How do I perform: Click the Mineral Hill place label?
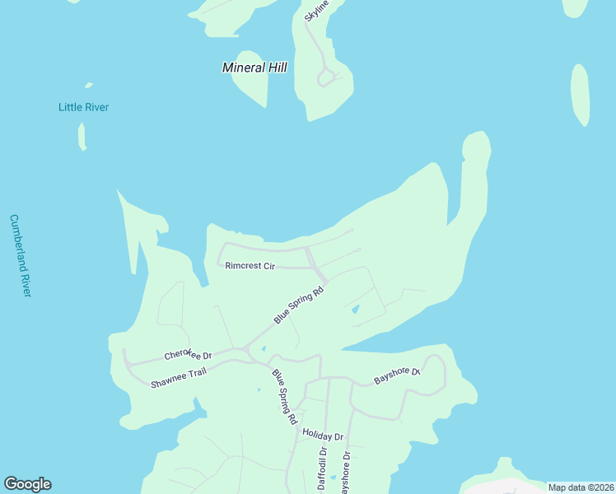[x=254, y=68]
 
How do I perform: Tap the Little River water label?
[x=83, y=107]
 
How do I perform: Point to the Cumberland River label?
[x=20, y=256]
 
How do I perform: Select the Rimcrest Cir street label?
[x=250, y=266]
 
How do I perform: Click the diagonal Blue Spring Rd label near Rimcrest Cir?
[x=300, y=303]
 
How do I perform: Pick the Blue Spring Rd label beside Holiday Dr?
[x=285, y=396]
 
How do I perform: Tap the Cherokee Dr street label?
[x=188, y=355]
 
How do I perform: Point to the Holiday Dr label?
[x=322, y=434]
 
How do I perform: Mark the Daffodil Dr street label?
[x=322, y=468]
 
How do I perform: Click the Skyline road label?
[x=316, y=10]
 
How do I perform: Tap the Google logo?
[x=27, y=484]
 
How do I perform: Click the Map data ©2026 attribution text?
[x=581, y=487]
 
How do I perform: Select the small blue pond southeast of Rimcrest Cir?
[x=355, y=310]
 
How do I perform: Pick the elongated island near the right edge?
[x=581, y=94]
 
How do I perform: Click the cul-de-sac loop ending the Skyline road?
[x=327, y=77]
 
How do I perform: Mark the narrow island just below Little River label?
[x=82, y=137]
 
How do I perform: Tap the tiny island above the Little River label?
[x=88, y=85]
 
